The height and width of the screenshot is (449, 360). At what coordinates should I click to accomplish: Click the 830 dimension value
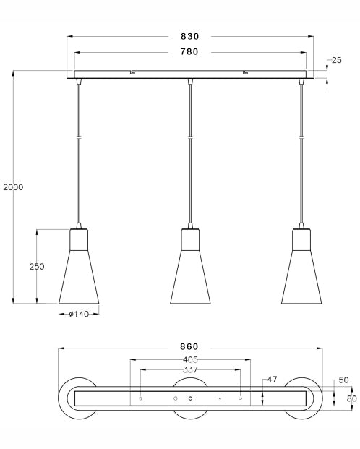[189, 36]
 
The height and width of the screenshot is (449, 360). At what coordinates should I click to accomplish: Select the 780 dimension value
[189, 51]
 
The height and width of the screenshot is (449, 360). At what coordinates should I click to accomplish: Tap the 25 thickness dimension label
[337, 60]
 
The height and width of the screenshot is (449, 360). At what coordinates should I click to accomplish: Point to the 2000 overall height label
[13, 187]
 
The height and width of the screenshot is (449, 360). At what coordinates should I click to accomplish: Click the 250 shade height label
[37, 267]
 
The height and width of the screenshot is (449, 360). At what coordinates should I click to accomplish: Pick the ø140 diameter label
[79, 314]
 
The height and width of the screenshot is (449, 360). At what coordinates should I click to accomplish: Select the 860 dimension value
[189, 347]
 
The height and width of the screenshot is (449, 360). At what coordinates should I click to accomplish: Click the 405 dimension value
[190, 359]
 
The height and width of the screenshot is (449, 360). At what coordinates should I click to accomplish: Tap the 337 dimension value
[190, 369]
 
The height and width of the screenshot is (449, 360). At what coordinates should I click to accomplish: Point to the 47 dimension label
[272, 380]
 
